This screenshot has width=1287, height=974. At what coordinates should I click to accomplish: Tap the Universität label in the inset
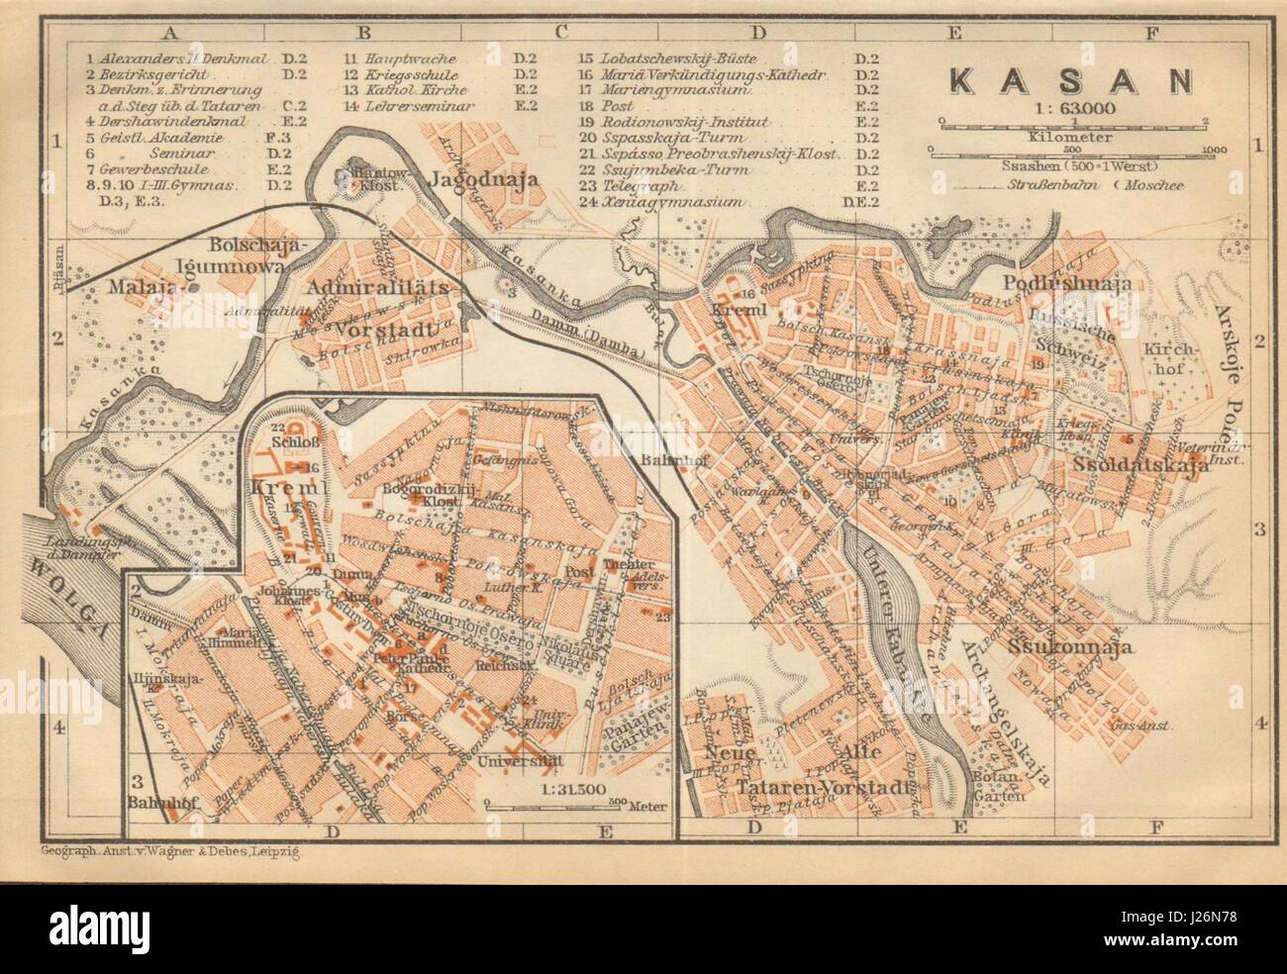(x=518, y=761)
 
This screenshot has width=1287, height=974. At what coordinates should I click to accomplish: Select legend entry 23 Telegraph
(x=629, y=185)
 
